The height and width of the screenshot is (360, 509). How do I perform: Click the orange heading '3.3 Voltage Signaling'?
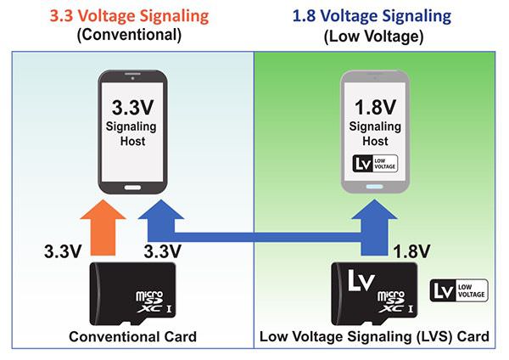tap(129, 16)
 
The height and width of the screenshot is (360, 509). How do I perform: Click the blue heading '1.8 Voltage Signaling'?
tap(372, 16)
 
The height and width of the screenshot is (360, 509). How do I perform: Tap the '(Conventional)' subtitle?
tap(129, 35)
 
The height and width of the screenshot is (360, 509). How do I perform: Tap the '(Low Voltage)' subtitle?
tap(373, 37)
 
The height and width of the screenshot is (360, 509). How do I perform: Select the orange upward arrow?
tap(103, 228)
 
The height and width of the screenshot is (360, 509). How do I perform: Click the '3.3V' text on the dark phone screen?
tap(133, 108)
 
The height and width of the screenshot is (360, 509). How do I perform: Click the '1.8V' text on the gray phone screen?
tap(375, 107)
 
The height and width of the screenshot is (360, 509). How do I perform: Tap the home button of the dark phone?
tap(133, 188)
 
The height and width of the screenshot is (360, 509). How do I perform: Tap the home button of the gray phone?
tap(375, 187)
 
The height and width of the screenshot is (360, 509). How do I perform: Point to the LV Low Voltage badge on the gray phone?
tap(375, 163)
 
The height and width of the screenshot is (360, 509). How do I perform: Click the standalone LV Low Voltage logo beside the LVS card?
tap(459, 290)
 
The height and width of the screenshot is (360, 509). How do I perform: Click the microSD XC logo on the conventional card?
tap(154, 301)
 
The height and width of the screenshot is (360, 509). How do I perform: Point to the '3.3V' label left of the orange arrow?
tap(63, 251)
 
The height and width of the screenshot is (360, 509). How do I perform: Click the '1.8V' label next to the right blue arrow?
tap(411, 251)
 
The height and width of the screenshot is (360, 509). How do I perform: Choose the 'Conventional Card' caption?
tap(133, 336)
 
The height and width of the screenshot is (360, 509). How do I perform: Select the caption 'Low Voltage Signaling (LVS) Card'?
tap(374, 336)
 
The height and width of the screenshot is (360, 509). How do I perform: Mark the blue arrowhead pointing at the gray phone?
tap(374, 209)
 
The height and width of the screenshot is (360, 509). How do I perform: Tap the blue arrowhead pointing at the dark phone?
tap(161, 209)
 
